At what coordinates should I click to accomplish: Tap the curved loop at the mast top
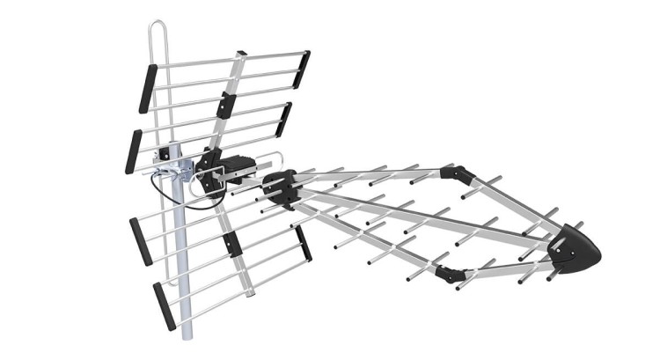[156, 31]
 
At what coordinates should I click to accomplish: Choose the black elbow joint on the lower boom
[449, 272]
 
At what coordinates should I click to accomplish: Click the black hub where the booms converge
[280, 188]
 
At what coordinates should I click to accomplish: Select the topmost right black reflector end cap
[302, 68]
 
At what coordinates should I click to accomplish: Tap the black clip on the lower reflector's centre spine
[231, 243]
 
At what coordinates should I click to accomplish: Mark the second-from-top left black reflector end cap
[134, 150]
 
